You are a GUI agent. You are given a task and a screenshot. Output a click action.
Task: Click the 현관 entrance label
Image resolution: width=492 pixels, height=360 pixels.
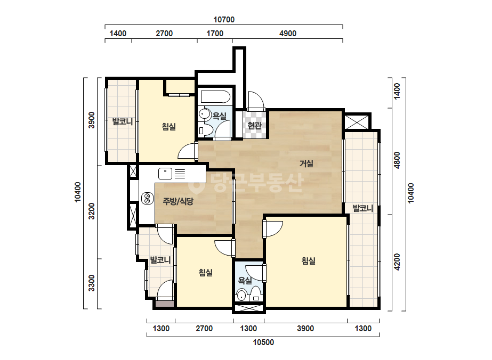point(254,126)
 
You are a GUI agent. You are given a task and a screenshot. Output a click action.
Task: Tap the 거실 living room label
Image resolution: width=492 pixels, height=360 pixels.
point(307,163)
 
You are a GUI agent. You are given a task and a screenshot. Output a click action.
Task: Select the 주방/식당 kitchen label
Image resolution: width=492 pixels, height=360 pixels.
point(178,201)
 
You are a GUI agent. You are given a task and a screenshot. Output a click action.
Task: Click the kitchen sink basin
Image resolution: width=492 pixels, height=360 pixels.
point(165,174)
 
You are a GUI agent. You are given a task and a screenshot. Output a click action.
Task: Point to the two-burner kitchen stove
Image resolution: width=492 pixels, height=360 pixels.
point(147,198)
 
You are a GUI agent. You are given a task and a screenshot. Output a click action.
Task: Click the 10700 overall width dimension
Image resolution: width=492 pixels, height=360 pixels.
point(224,20)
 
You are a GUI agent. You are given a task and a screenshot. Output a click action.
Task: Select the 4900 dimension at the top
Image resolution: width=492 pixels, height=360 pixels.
point(288,33)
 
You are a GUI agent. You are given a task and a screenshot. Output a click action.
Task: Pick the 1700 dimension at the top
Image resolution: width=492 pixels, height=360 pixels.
point(215,33)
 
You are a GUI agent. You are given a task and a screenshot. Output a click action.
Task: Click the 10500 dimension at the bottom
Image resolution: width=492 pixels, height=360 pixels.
point(263,342)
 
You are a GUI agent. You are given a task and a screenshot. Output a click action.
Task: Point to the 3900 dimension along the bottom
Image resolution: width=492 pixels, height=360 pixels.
point(305,329)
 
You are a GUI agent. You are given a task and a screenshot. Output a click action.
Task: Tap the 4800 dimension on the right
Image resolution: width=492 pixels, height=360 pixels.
point(397,160)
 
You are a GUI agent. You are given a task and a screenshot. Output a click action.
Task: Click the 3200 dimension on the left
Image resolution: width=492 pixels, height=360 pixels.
point(91,211)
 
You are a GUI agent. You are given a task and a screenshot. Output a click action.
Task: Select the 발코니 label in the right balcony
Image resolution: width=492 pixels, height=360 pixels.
point(363,208)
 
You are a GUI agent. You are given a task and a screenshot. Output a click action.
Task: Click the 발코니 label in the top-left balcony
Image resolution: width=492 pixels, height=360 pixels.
point(123,121)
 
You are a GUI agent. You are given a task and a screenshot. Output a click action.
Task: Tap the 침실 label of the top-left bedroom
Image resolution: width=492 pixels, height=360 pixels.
point(169,127)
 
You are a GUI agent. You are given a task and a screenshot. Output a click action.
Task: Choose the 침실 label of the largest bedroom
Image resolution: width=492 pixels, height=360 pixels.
point(309,260)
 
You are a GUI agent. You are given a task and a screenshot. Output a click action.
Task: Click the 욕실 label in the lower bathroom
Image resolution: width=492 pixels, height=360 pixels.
point(245,280)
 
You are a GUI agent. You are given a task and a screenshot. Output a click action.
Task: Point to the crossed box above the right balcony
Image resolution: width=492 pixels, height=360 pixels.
point(357,121)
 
